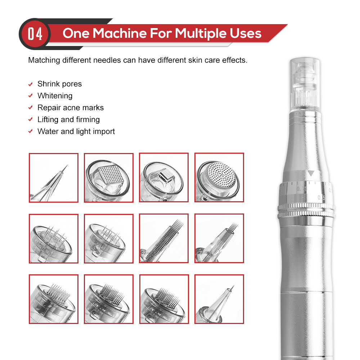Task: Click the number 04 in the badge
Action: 35,34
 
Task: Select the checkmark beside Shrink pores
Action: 31,85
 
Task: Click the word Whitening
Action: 55,96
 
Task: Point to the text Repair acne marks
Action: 70,108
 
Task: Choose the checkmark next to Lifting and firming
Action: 31,120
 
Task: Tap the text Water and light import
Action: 76,131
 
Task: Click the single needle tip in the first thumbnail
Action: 66,166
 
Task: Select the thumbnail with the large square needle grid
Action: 109,177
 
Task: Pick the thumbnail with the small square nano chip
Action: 164,177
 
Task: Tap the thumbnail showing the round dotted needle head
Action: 219,177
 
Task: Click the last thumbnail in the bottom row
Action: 219,299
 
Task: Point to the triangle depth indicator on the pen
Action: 311,174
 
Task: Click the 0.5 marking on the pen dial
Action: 321,197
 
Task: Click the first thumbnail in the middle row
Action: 54,238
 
